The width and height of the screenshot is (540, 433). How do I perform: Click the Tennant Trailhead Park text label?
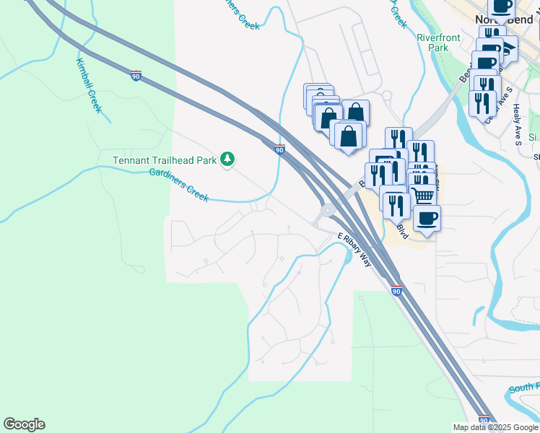[x=165, y=160]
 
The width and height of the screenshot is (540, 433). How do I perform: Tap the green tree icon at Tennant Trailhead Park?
[x=227, y=159]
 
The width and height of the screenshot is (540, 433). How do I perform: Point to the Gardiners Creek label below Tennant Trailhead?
[x=178, y=185]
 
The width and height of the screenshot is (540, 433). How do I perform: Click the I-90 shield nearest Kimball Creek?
[x=136, y=74]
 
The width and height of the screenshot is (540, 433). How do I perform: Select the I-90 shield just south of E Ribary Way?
[x=396, y=291]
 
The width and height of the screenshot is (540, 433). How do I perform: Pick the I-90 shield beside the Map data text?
[x=484, y=419]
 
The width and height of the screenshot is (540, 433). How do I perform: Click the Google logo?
[x=24, y=424]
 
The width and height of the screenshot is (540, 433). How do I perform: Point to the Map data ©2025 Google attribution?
[x=495, y=427]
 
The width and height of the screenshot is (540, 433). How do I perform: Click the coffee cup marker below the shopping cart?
[x=427, y=218]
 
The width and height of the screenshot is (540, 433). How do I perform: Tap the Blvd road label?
[x=401, y=231]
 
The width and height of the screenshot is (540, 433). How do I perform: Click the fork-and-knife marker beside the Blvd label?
[x=394, y=204]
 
